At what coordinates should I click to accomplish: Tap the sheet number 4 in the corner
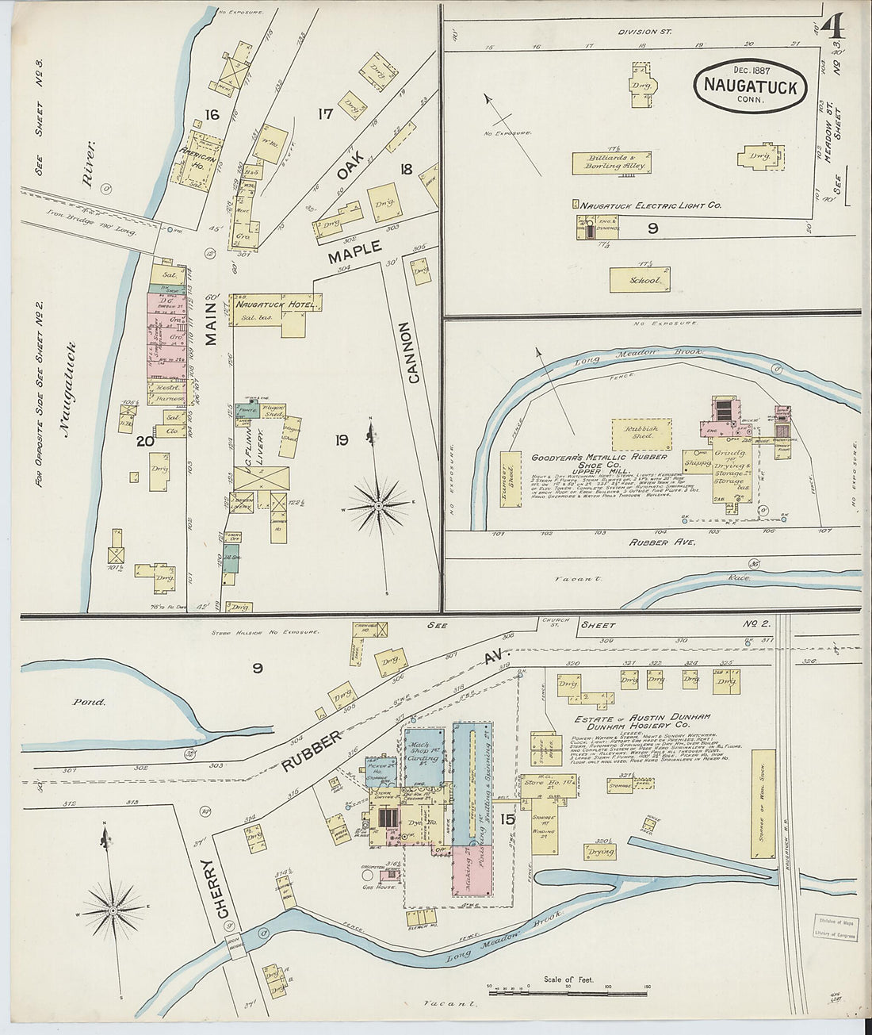pyautogui.click(x=832, y=28)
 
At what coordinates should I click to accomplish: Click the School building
pyautogui.click(x=640, y=280)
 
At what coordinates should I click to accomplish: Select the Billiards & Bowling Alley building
pyautogui.click(x=611, y=163)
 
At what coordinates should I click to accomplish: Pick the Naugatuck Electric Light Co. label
pyautogui.click(x=650, y=205)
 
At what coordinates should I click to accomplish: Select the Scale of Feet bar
pyautogui.click(x=566, y=991)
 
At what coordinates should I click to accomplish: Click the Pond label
pyautogui.click(x=88, y=702)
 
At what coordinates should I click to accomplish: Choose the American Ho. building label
pyautogui.click(x=197, y=154)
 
